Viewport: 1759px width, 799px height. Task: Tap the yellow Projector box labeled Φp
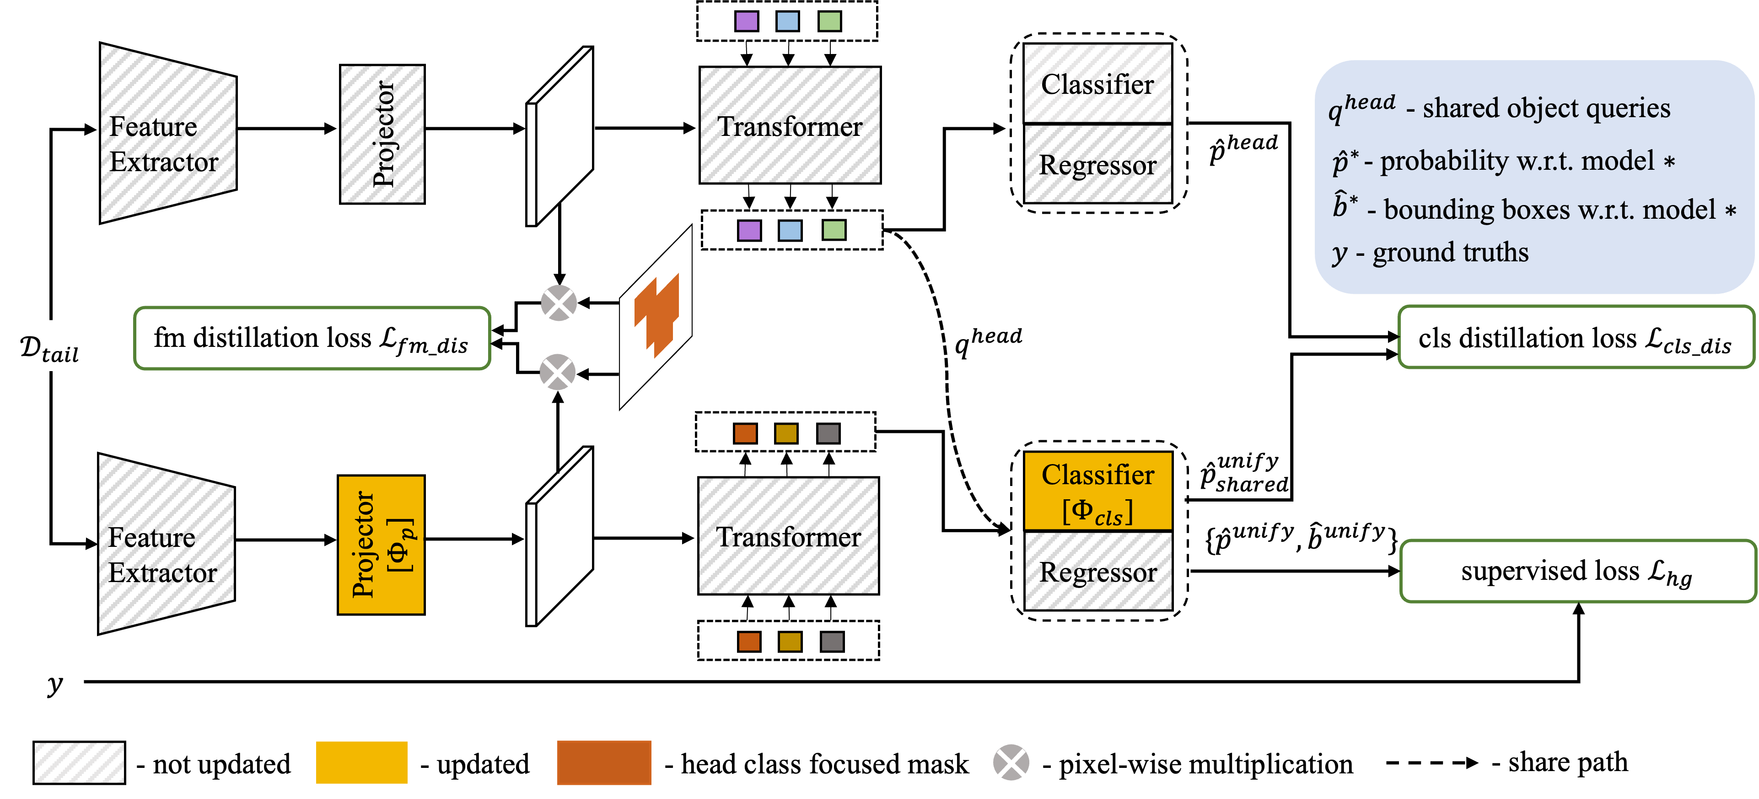(381, 545)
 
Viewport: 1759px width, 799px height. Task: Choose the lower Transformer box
(788, 536)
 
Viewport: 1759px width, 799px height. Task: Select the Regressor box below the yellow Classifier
(1098, 572)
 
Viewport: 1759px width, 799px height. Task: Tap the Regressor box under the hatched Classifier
(1097, 164)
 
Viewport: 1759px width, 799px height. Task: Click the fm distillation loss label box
(312, 339)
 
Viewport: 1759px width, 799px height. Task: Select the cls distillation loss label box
(1575, 338)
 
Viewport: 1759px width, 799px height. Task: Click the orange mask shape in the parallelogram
(657, 314)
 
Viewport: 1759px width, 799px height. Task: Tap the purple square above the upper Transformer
(746, 21)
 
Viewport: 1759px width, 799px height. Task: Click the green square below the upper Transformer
(834, 230)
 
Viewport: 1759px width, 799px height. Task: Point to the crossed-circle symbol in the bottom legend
(1011, 762)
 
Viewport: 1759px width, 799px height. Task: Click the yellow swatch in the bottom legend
(361, 762)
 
